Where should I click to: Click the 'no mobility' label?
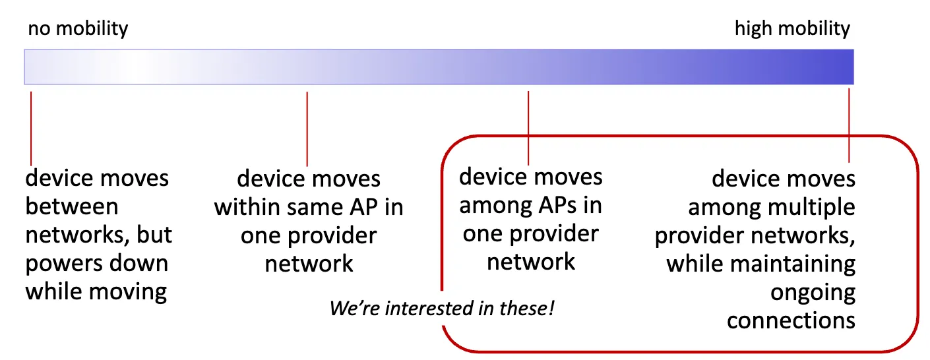(78, 29)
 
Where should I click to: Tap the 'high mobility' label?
(791, 29)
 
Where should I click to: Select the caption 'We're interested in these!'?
(441, 308)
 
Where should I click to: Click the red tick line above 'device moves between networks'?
(31, 129)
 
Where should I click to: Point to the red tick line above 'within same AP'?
(307, 129)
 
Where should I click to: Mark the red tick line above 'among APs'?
(529, 128)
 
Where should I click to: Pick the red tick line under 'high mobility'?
(849, 125)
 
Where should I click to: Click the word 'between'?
(71, 207)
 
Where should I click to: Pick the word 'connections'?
(791, 320)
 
